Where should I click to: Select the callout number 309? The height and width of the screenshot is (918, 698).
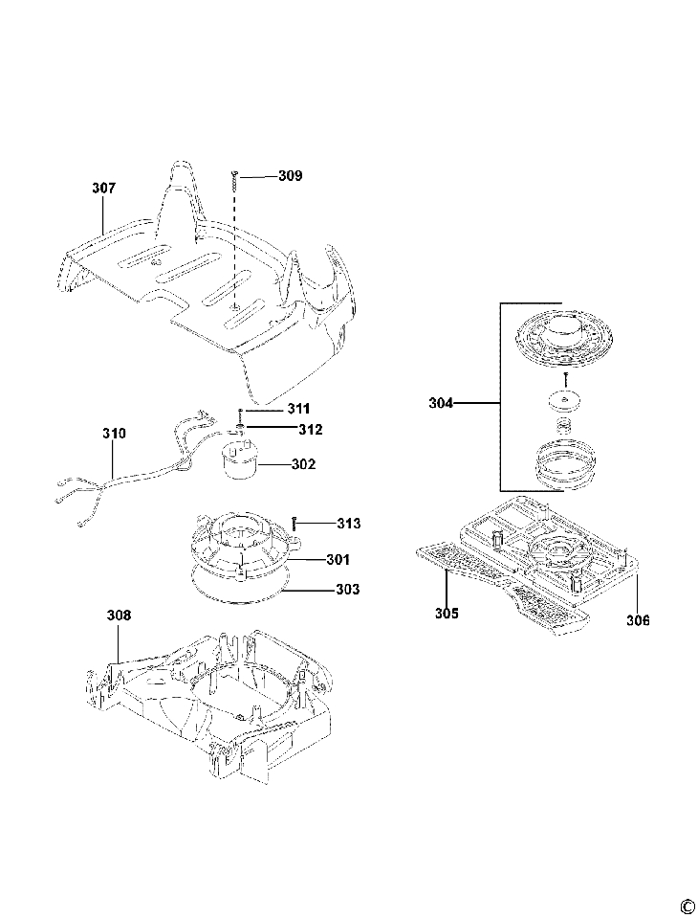coord(290,176)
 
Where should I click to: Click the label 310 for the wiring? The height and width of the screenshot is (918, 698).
coord(114,434)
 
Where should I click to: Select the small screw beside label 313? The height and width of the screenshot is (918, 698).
coord(297,523)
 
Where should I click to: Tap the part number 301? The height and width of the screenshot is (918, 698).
coord(337,558)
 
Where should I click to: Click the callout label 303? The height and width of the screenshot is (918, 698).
coord(347,590)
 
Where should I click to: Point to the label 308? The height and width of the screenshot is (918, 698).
coord(119,616)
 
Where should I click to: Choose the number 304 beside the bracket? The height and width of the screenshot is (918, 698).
coord(442,404)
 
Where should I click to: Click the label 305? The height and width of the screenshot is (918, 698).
coord(447,613)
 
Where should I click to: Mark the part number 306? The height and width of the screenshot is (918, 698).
coord(638,620)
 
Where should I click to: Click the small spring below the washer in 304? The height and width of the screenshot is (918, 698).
coord(565,421)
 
